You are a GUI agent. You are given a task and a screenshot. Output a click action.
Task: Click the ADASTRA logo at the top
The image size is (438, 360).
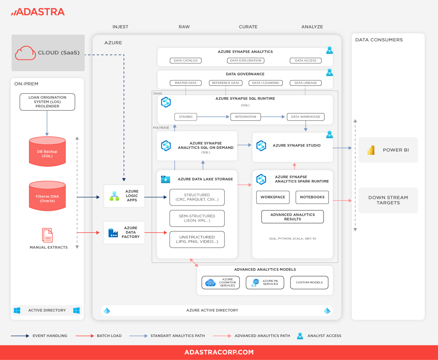tap(38, 12)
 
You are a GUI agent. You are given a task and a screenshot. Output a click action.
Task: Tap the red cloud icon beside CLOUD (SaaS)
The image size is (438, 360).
tap(25, 53)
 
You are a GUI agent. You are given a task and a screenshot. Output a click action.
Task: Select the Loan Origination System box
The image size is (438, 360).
tap(47, 102)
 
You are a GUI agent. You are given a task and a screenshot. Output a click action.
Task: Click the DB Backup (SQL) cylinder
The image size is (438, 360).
tap(47, 152)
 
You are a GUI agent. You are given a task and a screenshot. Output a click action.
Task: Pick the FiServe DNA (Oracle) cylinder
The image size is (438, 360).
tap(47, 197)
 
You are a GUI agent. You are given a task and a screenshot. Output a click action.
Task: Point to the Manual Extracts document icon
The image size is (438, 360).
tap(47, 235)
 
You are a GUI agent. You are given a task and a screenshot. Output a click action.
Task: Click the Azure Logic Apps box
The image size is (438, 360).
tap(124, 196)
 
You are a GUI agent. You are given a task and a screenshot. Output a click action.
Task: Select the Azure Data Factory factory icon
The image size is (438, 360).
tap(113, 233)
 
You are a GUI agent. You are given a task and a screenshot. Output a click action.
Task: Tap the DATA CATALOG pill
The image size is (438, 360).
tap(185, 61)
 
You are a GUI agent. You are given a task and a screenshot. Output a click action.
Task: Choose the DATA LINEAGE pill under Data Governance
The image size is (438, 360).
tap(306, 83)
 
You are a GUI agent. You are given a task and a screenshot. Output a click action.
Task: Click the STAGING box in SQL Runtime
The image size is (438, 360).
tap(185, 117)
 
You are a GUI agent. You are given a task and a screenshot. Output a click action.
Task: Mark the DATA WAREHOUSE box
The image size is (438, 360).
tap(306, 117)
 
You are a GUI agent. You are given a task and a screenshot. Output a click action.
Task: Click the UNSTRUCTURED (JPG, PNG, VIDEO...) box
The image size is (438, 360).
tap(197, 240)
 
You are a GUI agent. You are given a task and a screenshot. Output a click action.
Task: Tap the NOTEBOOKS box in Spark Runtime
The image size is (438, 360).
tap(312, 197)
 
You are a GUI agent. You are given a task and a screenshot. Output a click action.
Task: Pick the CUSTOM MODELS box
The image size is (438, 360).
tap(309, 282)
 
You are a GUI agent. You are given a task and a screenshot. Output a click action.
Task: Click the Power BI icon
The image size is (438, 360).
tap(371, 150)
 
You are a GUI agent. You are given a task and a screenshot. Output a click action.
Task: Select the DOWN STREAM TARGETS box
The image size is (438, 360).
tap(388, 200)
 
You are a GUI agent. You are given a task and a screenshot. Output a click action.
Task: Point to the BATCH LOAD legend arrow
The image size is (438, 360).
tap(85, 336)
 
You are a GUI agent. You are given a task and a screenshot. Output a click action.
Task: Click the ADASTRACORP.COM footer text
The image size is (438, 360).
tap(219, 352)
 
